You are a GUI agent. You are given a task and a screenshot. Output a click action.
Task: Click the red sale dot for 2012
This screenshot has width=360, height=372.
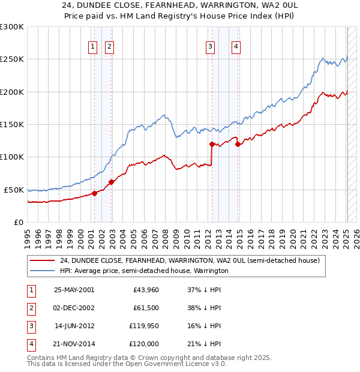pos(212,144)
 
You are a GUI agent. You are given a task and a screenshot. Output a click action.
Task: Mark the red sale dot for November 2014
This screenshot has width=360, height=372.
pos(238,144)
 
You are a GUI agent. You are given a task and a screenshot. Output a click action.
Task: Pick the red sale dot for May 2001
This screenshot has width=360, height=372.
pos(95,193)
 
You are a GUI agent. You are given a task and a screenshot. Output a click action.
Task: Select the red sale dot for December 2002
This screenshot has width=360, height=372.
pos(111,182)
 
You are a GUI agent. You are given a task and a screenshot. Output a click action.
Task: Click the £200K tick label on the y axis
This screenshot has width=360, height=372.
pos(12,92)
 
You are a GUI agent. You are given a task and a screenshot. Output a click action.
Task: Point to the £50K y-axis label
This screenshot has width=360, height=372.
pos(14,190)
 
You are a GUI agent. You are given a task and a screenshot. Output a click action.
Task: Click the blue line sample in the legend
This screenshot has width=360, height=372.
pos(42,271)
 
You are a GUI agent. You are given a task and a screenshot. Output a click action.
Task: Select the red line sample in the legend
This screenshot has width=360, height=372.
pos(42,260)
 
